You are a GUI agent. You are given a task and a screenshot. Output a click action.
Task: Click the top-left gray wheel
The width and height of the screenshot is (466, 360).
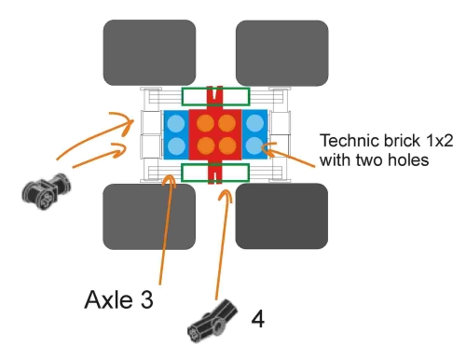pos(149,52)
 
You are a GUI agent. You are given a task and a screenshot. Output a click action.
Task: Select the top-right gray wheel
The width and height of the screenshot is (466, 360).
pos(282,53)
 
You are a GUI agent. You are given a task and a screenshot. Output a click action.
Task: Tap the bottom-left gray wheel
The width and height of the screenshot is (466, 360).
pos(149,216)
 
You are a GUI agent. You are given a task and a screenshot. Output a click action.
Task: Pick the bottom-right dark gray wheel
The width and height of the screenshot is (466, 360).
pos(281,216)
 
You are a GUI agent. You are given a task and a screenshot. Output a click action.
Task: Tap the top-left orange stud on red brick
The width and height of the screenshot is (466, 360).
pos(205,123)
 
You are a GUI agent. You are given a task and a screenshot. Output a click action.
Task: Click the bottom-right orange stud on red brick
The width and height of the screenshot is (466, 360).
pos(227,145)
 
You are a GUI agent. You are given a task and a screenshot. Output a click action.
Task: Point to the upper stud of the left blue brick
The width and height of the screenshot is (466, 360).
pos(176,123)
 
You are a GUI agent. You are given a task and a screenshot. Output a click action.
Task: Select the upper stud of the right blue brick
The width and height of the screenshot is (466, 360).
pos(254,123)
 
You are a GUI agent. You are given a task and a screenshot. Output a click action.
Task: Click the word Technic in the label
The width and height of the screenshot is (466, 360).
pos(349,141)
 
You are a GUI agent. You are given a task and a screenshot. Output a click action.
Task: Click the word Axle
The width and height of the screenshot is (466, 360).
pos(108,299)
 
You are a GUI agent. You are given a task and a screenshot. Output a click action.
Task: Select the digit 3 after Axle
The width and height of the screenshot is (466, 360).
pos(146,299)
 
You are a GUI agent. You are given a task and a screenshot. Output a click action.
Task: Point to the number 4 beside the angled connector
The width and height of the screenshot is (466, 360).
pos(258,319)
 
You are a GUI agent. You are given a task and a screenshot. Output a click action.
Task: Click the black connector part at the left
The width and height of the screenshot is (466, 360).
pos(46,191)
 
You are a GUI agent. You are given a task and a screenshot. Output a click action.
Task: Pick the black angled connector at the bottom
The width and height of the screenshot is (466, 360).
pos(212,321)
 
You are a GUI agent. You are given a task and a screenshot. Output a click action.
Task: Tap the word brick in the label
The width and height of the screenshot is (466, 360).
pos(402,141)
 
